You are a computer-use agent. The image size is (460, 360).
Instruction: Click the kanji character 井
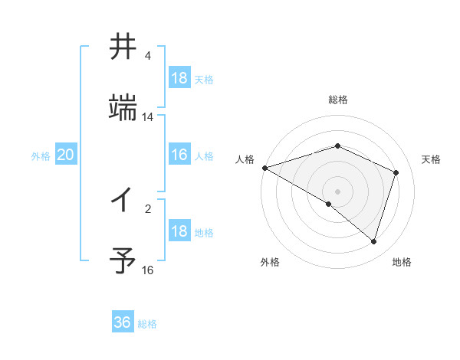pos(123,47)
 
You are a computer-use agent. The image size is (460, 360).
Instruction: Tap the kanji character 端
pos(123,108)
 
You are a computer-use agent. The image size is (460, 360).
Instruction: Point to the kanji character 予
pos(123,261)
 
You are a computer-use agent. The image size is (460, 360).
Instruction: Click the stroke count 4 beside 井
pos(148,56)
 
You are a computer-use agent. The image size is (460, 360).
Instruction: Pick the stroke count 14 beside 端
pos(148,117)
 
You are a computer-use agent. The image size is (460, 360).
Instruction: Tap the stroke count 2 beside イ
pos(148,208)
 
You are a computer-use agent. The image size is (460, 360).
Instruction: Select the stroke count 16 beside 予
pos(148,270)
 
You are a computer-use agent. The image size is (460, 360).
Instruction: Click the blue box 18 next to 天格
pos(179,77)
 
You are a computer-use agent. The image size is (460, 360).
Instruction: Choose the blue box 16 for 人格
pos(179,155)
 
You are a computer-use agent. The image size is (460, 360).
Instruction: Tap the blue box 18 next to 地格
pos(179,231)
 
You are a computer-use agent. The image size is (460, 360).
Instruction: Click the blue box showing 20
pos(65,155)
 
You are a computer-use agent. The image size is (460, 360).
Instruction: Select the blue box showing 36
pos(123,322)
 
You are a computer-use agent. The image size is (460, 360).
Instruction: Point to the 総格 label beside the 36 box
pos(147,324)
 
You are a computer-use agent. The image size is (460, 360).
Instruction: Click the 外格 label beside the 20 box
pos(41,156)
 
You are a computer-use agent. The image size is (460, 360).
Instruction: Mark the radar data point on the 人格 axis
pos(264,168)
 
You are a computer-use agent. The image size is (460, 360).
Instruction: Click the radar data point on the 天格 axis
pos(396,172)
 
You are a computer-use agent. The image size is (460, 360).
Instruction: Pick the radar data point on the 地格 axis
pos(373,242)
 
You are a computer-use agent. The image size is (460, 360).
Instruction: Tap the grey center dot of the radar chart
pos(337,191)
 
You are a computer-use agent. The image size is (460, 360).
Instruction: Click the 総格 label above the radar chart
pos(337,100)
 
